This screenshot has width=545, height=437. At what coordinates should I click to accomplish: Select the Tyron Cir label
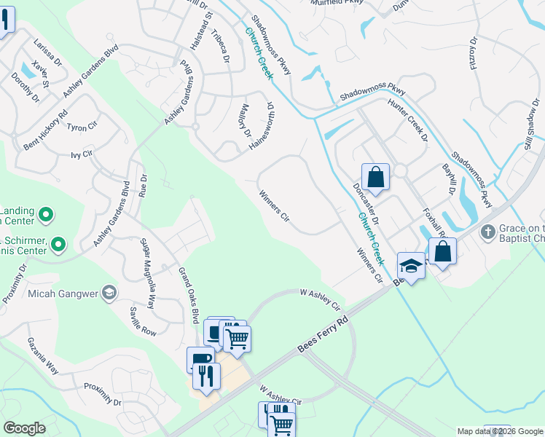pos(82,127)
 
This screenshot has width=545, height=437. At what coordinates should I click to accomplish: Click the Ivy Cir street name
pos(82,154)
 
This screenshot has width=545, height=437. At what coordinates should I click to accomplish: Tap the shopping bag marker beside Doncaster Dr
pos(375,177)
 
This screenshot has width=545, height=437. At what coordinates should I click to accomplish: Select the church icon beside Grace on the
pos(487,232)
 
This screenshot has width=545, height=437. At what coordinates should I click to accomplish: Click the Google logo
pos(25,428)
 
